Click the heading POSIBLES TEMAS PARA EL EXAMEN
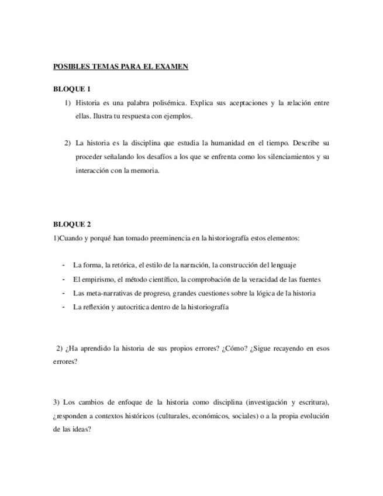pyautogui.click(x=120, y=67)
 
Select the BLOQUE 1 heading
pyautogui.click(x=72, y=89)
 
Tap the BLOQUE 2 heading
pyautogui.click(x=72, y=224)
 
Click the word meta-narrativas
pyautogui.click(x=104, y=293)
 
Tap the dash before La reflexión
pyautogui.click(x=63, y=306)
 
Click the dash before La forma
pyautogui.click(x=63, y=265)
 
